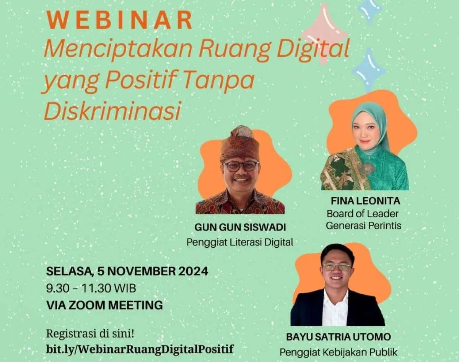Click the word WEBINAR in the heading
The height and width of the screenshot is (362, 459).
(120, 20)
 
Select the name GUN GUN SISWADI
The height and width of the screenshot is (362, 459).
(240, 228)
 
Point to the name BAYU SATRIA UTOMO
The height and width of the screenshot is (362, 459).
(339, 337)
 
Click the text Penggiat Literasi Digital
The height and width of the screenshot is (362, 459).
(240, 242)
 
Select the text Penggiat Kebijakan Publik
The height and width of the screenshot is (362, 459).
(339, 352)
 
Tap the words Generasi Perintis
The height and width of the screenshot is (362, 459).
(363, 226)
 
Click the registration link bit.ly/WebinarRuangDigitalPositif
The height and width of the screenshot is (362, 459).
(140, 349)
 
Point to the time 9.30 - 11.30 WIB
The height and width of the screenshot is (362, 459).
(91, 288)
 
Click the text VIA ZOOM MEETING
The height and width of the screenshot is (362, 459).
(104, 305)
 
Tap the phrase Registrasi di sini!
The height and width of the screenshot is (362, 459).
(90, 333)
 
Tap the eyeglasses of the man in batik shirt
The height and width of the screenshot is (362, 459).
(241, 166)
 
